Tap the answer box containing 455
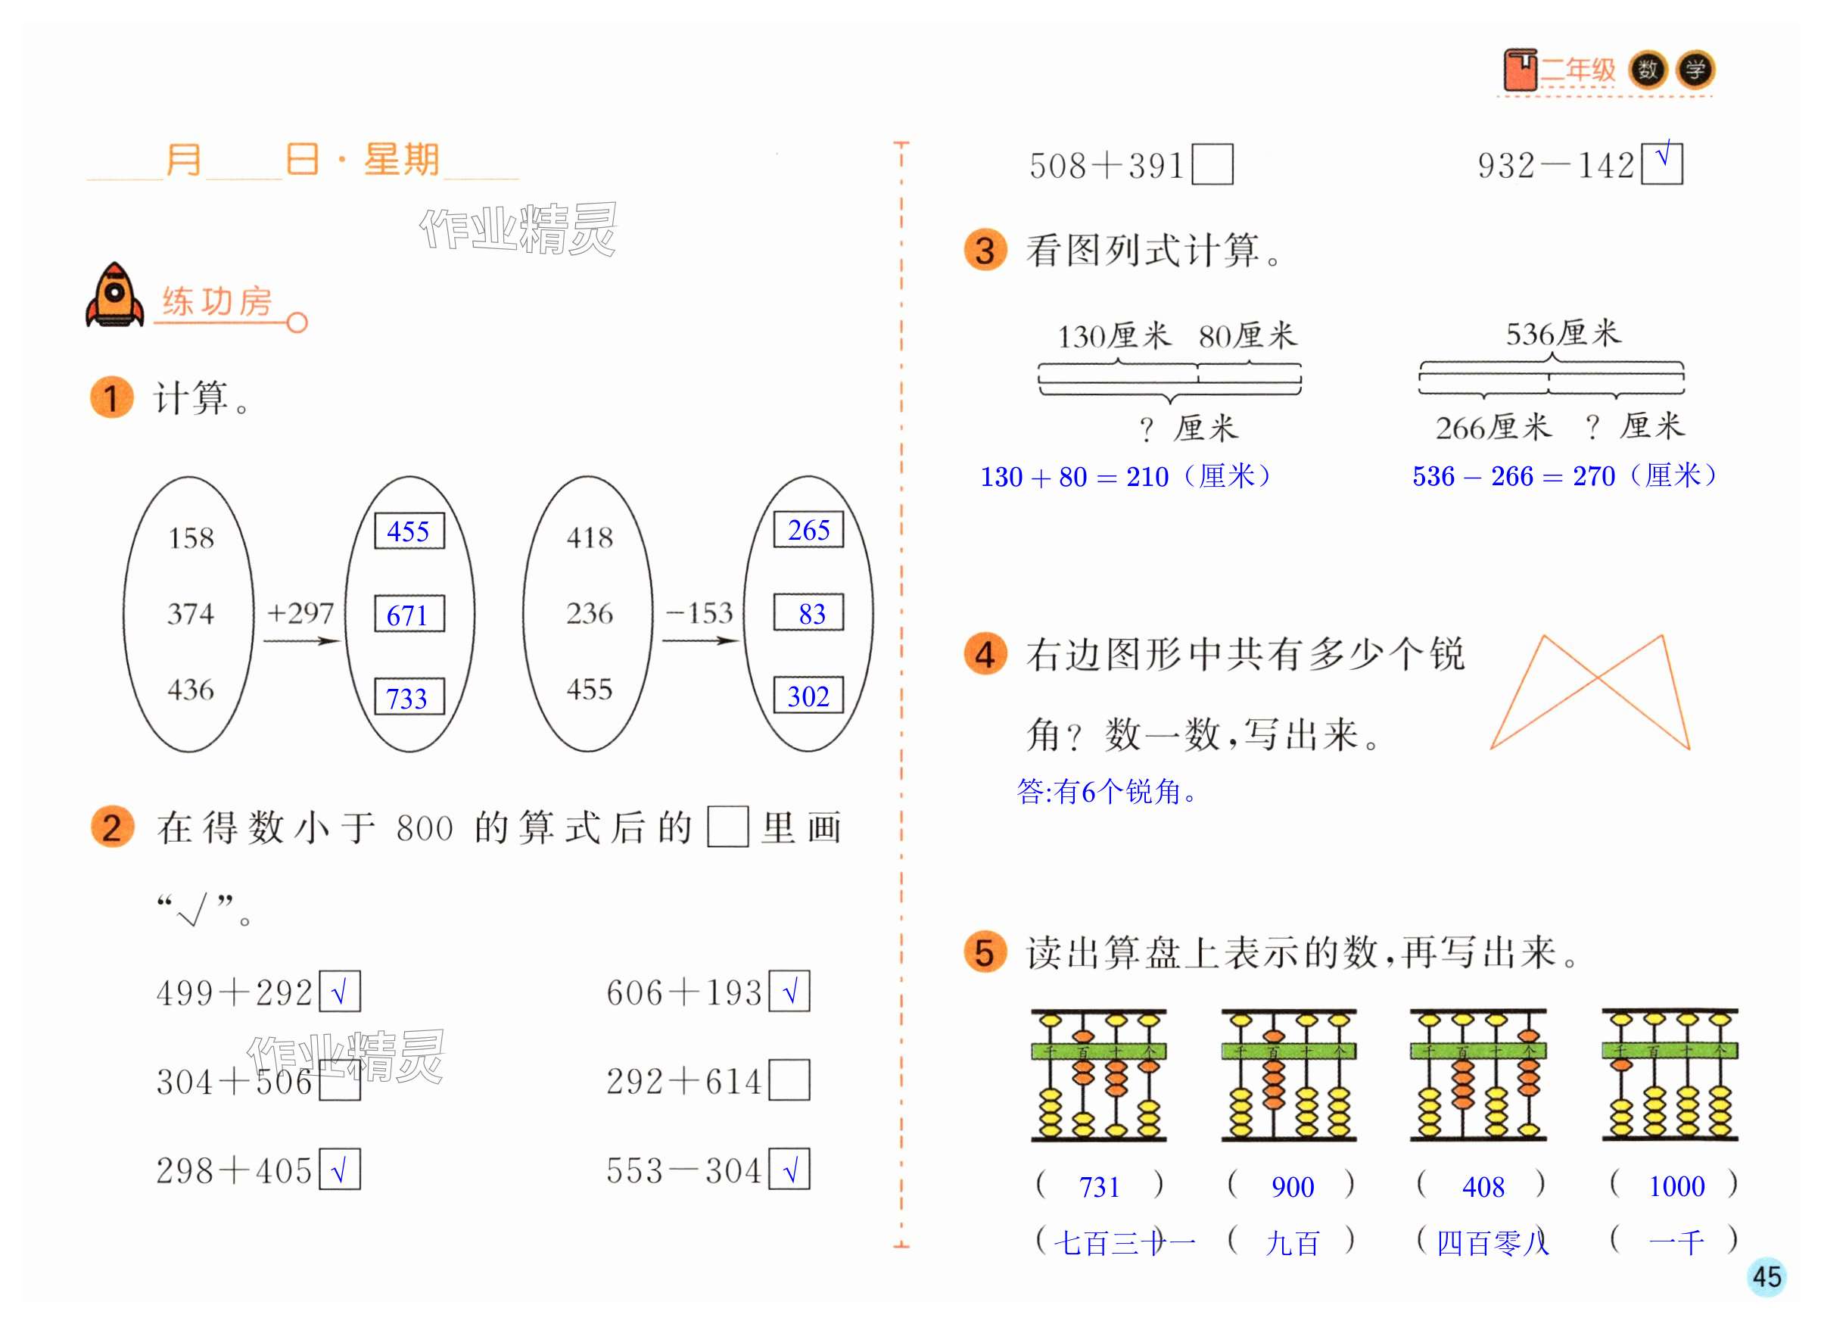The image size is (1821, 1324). click(x=409, y=531)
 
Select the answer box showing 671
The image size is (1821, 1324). click(x=409, y=615)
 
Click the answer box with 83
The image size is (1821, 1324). click(x=808, y=613)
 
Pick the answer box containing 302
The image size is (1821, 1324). click(x=808, y=696)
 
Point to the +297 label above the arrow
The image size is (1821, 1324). click(x=300, y=613)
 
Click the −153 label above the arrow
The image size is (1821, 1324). click(x=699, y=613)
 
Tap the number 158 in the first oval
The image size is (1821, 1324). click(x=191, y=538)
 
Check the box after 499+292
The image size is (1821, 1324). click(x=340, y=992)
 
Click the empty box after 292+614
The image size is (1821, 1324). click(x=789, y=1081)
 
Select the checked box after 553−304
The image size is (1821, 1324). click(x=789, y=1170)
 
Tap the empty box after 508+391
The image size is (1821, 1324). click(x=1212, y=164)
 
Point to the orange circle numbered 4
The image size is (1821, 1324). click(x=985, y=654)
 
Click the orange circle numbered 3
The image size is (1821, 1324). click(x=985, y=251)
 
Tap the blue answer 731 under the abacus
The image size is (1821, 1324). click(x=1099, y=1187)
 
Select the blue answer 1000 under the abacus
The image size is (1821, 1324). click(x=1676, y=1186)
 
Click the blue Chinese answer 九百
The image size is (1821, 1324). click(x=1293, y=1244)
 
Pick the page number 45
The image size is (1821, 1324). click(x=1767, y=1276)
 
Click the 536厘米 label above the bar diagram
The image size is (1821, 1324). click(x=1562, y=333)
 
